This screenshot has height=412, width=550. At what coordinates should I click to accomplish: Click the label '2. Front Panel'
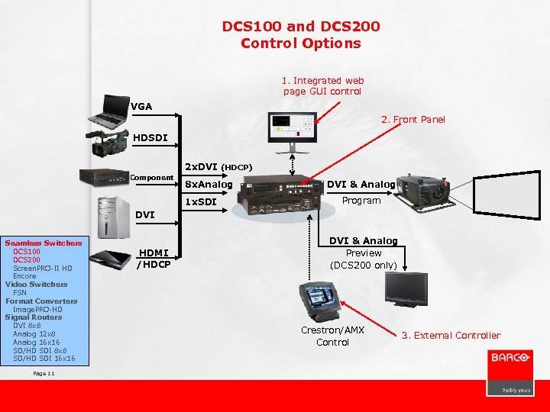412,120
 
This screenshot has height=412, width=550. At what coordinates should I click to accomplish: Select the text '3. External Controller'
457,336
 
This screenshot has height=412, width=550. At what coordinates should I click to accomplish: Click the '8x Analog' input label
209,184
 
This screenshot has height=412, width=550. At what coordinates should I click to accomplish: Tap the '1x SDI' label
202,202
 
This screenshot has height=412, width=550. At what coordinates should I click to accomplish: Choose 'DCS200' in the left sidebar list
27,259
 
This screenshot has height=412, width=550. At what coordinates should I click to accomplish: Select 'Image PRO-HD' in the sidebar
37,309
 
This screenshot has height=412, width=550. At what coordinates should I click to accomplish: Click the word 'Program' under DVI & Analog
361,201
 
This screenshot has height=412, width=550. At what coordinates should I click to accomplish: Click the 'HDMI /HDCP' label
154,259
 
